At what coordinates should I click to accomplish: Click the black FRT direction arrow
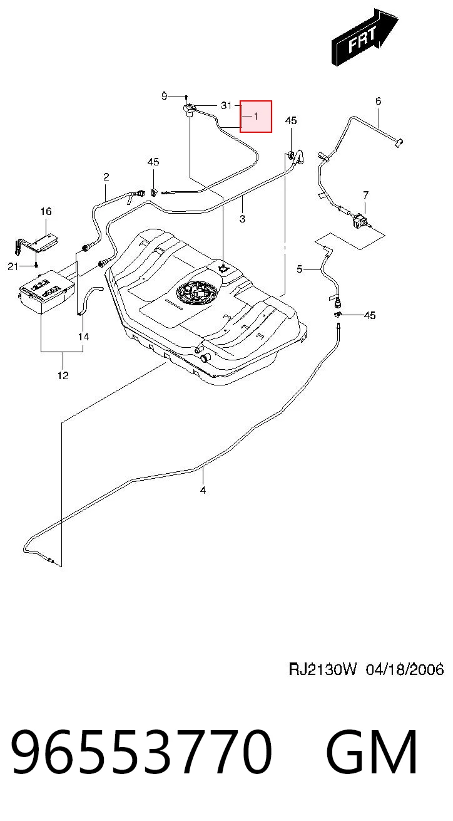point(364,38)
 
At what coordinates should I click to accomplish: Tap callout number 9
point(165,96)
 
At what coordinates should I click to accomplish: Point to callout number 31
point(226,105)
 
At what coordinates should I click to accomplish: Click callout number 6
point(378,101)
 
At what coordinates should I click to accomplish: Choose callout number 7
point(365,195)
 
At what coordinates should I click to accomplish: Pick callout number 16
point(46,211)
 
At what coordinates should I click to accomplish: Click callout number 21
point(13,266)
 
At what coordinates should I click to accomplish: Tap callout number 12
point(63,375)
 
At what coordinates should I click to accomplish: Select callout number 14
point(83,337)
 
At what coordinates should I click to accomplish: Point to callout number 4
point(203,490)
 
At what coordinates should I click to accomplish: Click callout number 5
point(300,269)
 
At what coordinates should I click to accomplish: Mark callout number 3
point(242,219)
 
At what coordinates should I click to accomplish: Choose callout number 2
point(106,177)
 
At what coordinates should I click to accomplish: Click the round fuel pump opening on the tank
point(197,291)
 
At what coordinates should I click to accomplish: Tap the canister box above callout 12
point(46,291)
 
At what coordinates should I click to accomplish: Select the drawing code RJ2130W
point(322,669)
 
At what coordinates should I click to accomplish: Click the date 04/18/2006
point(405,669)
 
